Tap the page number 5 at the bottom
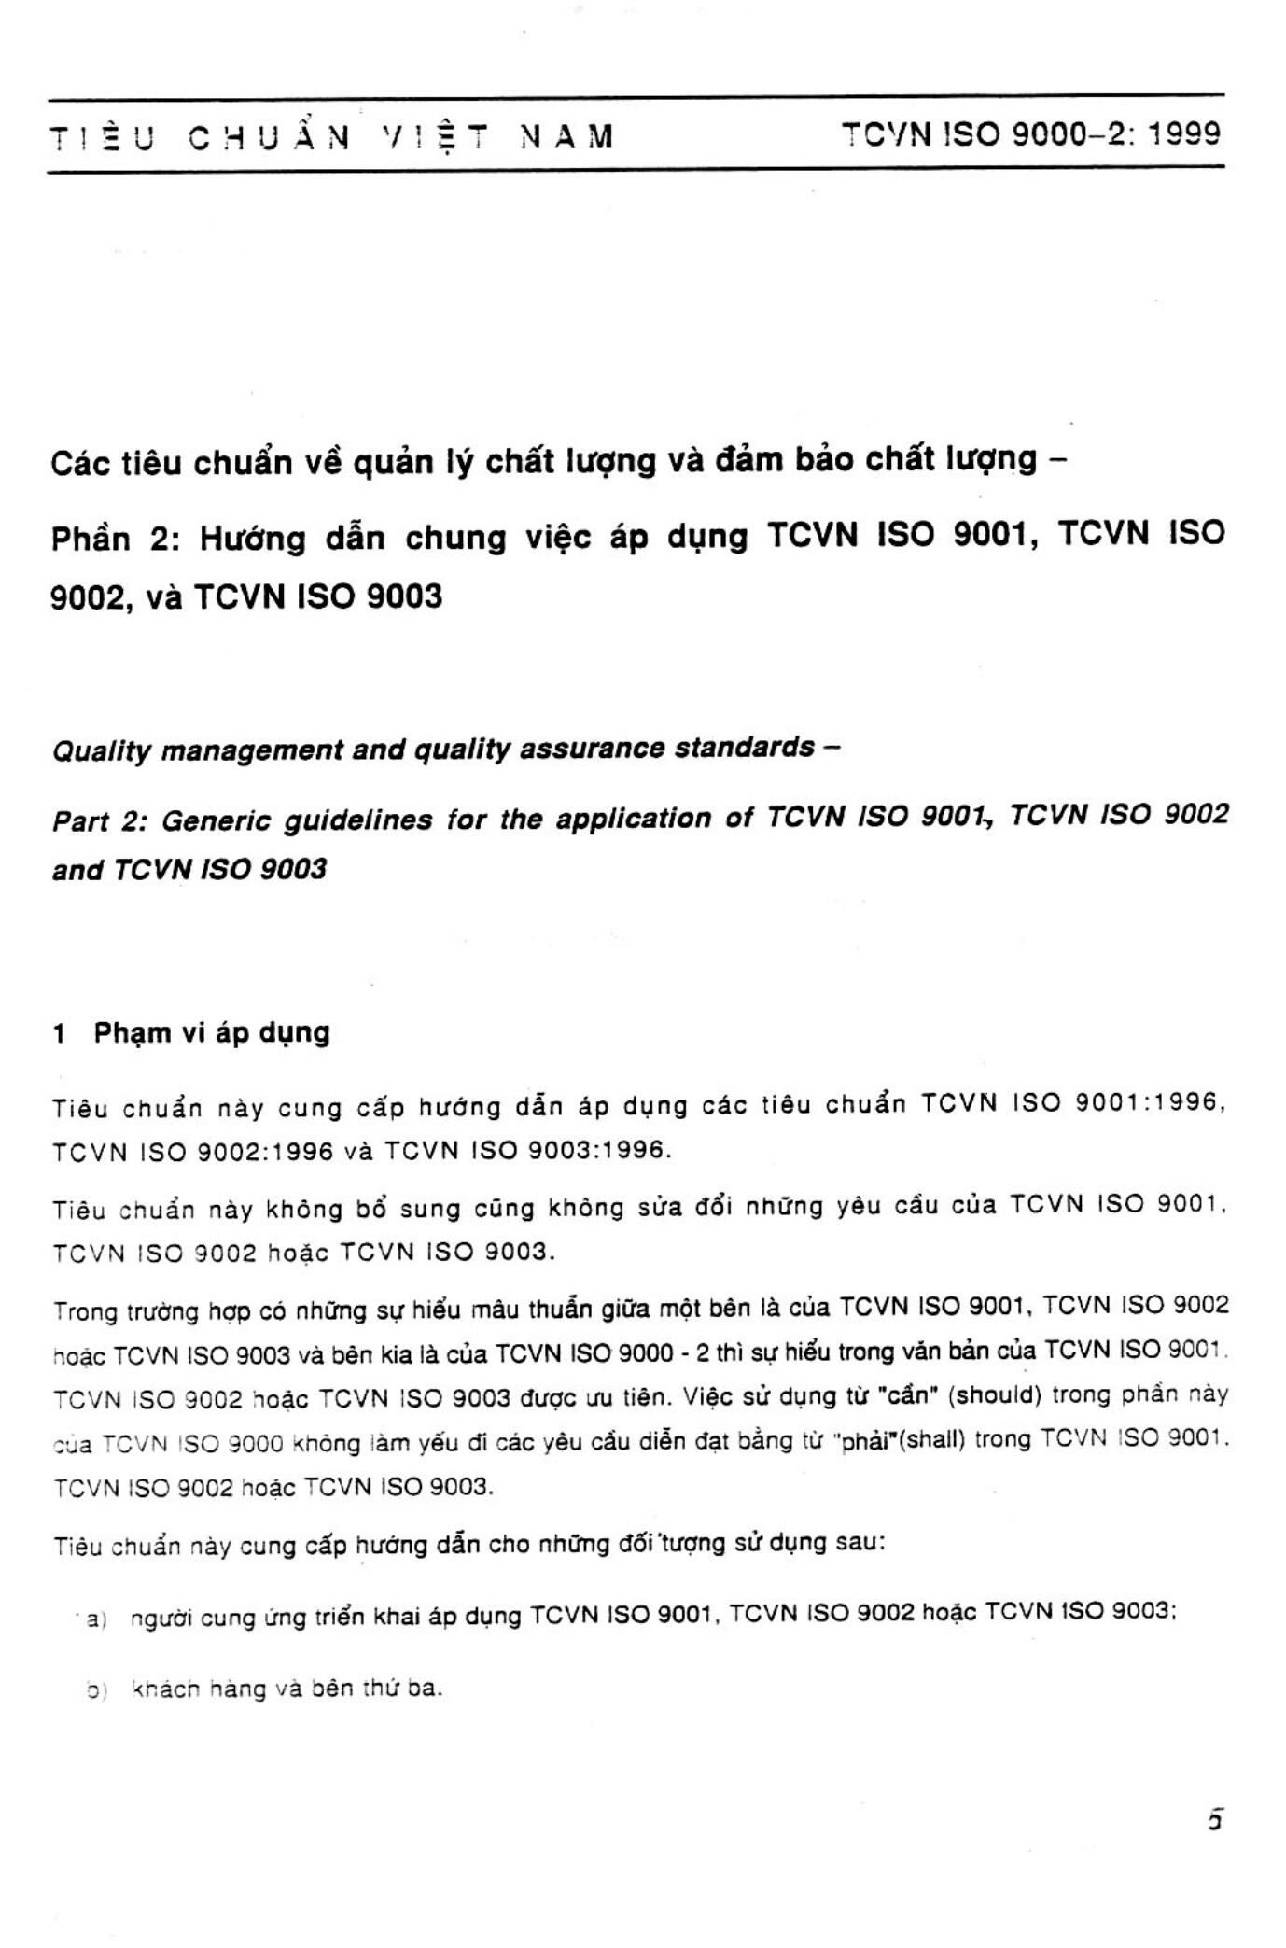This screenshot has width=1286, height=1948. tap(1214, 1820)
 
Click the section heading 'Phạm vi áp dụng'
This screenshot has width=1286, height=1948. tap(212, 1033)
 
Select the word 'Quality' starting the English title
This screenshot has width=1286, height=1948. tap(101, 751)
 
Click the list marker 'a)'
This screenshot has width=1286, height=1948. tap(97, 1619)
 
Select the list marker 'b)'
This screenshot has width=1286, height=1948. tap(96, 1690)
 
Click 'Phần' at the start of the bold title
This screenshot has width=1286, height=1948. tap(91, 540)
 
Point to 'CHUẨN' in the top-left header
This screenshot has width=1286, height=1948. tap(270, 138)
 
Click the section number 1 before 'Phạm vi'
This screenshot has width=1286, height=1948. tap(60, 1034)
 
